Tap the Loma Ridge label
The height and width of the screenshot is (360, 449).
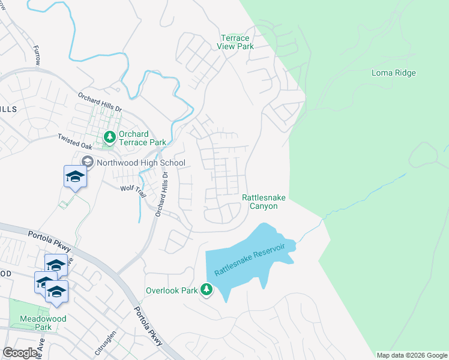tap(394, 73)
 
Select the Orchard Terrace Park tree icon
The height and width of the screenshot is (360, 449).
tap(109, 138)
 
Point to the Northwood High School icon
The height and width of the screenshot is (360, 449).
tap(88, 163)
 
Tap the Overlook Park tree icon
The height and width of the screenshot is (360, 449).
tap(206, 290)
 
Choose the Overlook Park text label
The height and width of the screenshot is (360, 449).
tap(172, 291)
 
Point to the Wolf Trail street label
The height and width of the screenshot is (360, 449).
tap(133, 191)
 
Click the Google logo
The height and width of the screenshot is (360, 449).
tap(20, 353)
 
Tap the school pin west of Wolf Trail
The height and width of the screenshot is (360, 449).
tap(75, 177)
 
